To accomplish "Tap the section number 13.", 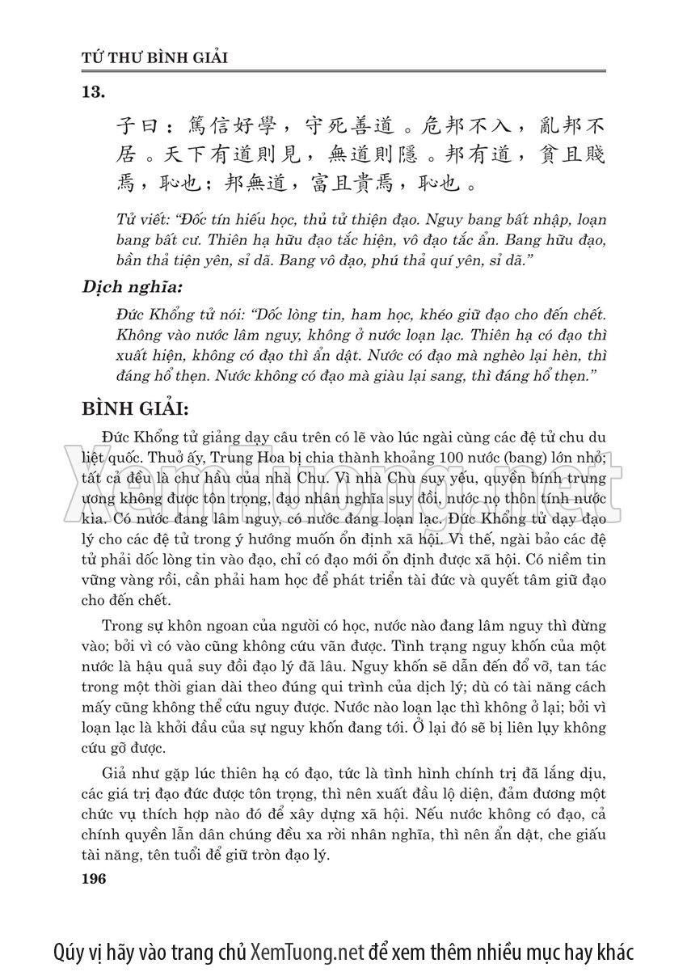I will tap(95, 93).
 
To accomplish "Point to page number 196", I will tap(95, 878).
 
